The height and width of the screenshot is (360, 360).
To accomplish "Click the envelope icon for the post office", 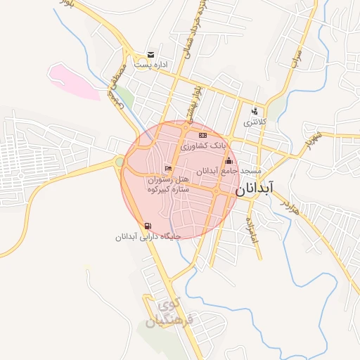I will coord(150,55).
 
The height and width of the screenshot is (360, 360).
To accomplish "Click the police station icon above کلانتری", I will coord(254,111).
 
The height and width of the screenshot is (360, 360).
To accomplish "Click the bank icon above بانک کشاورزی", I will coord(202,135).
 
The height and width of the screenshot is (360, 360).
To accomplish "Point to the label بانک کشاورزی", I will coord(204,146).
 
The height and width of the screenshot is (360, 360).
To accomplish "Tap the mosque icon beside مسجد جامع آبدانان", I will coord(228,161).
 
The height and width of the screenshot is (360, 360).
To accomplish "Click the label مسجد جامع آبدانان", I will coord(229,171).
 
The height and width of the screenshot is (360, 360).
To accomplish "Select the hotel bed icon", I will coord(167,168).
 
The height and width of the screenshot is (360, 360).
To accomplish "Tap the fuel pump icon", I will coord(147,226).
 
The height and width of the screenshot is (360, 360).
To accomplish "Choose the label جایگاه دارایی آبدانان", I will coord(148,236).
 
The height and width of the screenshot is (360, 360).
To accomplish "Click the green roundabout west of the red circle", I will coord(120,162).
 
